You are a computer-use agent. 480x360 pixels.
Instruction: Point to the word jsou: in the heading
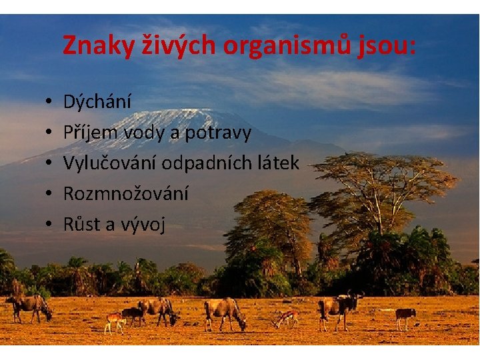[x=392, y=45]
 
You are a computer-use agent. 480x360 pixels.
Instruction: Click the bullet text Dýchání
[x=97, y=102]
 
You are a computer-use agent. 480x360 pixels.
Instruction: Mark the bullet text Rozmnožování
[x=125, y=193]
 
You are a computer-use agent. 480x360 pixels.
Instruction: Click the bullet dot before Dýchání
[x=50, y=103]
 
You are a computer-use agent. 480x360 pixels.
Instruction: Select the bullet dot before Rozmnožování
[x=50, y=194]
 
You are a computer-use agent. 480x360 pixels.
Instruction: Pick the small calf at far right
[x=405, y=315]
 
